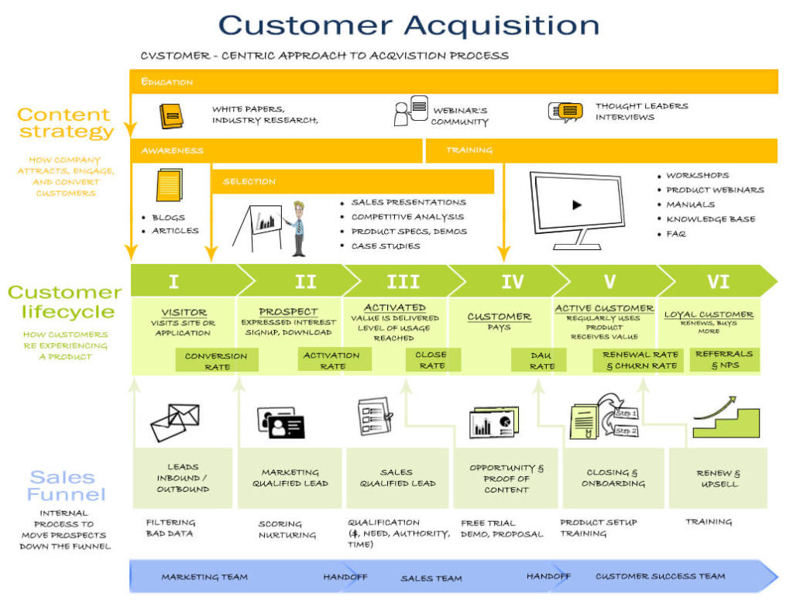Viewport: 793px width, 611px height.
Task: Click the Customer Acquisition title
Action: (x=409, y=25)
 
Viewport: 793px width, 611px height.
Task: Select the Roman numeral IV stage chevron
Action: (x=512, y=281)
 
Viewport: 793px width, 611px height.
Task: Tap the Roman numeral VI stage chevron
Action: (x=718, y=281)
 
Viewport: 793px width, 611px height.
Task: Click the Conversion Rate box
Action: (x=216, y=361)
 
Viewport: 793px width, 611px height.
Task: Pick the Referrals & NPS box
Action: (x=724, y=359)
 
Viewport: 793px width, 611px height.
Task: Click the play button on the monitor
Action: (x=576, y=205)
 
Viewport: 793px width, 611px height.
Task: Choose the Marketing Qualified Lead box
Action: (x=290, y=478)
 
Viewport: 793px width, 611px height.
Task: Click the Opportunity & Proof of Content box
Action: (x=506, y=478)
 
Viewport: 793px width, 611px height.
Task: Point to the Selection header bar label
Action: (x=249, y=181)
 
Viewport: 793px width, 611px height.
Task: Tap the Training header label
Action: (x=469, y=150)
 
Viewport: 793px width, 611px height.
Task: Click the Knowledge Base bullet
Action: (x=710, y=219)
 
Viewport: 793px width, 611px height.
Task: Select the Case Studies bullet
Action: (x=385, y=246)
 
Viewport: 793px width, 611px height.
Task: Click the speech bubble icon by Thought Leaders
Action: (x=565, y=112)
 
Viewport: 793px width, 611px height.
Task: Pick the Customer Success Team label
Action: (x=660, y=576)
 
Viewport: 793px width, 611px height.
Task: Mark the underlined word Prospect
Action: (x=288, y=312)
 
